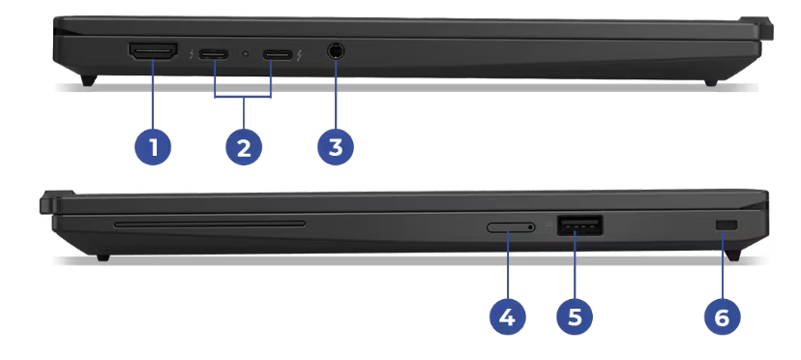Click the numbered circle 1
153,147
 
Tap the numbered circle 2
244,147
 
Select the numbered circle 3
335,147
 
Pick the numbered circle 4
507,317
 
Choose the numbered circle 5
575,317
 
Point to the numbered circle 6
722,317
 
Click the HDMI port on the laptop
153,51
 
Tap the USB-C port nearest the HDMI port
214,53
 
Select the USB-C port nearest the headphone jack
278,53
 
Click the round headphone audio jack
335,51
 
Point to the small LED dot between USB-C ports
246,53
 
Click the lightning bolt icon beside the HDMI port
191,53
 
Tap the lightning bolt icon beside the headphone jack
299,54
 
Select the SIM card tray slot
511,227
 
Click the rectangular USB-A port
579,225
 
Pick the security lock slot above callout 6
727,225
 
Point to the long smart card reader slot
210,224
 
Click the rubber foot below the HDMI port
89,79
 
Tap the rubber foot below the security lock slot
733,255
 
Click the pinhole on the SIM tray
531,227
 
